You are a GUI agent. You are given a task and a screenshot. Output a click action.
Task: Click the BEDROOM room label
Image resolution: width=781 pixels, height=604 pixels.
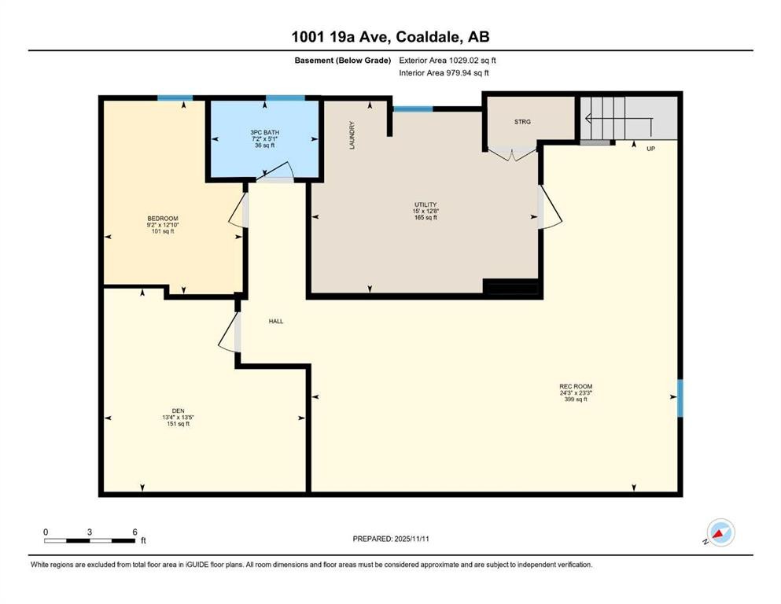tap(162, 218)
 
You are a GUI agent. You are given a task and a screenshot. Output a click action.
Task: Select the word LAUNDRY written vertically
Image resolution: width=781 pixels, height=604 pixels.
tap(353, 134)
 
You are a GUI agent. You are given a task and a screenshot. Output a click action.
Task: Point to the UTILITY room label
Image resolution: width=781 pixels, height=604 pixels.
tap(425, 205)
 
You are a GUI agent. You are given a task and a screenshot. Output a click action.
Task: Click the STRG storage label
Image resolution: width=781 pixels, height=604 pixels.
tap(522, 122)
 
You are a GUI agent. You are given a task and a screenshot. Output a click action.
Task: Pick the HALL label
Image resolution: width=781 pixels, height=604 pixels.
tap(275, 322)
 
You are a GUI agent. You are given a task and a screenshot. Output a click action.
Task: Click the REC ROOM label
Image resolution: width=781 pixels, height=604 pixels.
tap(575, 386)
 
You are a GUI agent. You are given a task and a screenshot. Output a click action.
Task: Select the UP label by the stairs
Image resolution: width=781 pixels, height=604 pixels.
tap(650, 148)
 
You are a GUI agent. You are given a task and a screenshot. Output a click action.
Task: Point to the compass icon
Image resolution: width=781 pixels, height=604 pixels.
tap(720, 533)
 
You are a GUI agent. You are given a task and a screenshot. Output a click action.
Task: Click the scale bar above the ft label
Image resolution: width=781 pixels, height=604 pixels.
tap(89, 540)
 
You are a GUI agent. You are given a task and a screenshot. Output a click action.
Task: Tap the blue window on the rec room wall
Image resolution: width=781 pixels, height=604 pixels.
tap(680, 399)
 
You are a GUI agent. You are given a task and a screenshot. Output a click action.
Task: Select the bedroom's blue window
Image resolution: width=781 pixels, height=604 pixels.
tap(174, 98)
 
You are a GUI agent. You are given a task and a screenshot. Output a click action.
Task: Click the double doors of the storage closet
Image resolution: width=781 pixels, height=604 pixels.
tap(512, 153)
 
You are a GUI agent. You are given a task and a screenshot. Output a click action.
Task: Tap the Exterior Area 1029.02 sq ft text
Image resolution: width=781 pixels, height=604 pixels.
tap(448, 60)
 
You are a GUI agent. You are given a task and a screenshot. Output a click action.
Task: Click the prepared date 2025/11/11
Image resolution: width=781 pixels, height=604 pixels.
tap(390, 539)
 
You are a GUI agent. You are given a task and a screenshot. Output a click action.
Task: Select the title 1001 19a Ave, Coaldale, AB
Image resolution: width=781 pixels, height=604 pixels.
tap(390, 36)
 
